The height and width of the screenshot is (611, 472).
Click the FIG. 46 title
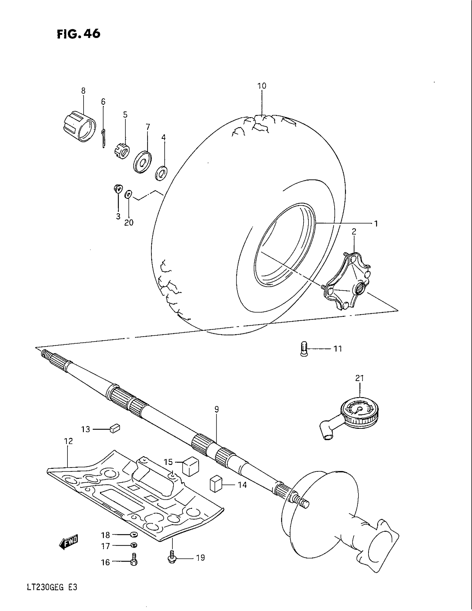78,34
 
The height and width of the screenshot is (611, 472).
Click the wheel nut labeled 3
118,189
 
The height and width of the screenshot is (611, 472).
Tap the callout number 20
129,222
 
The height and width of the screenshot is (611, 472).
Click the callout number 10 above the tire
262,86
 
